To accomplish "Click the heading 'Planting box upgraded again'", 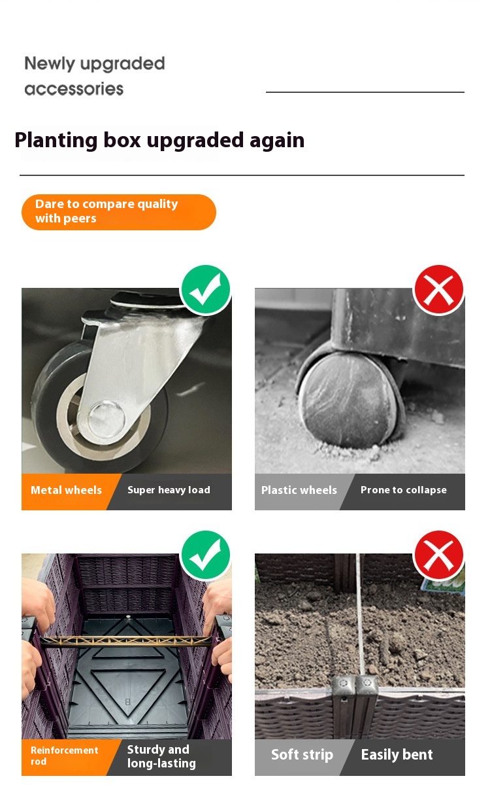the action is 159,140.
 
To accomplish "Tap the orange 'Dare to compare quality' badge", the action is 118,212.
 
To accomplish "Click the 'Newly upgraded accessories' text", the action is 94,76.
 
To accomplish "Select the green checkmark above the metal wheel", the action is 206,290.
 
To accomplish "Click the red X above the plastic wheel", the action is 438,290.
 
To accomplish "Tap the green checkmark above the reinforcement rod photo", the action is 206,555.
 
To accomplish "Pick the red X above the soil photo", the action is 438,555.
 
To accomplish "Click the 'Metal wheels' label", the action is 66,490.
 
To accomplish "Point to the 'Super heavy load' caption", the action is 169,490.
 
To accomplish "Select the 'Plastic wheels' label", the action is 299,490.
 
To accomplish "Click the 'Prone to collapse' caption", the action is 404,490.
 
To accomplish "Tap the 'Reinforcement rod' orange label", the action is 65,756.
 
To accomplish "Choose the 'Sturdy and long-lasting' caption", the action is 161,756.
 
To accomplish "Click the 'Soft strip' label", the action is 302,755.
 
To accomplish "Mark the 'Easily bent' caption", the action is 397,755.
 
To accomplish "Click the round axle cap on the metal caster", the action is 106,418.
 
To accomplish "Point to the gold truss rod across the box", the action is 125,641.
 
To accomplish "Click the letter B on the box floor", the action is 127,701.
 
